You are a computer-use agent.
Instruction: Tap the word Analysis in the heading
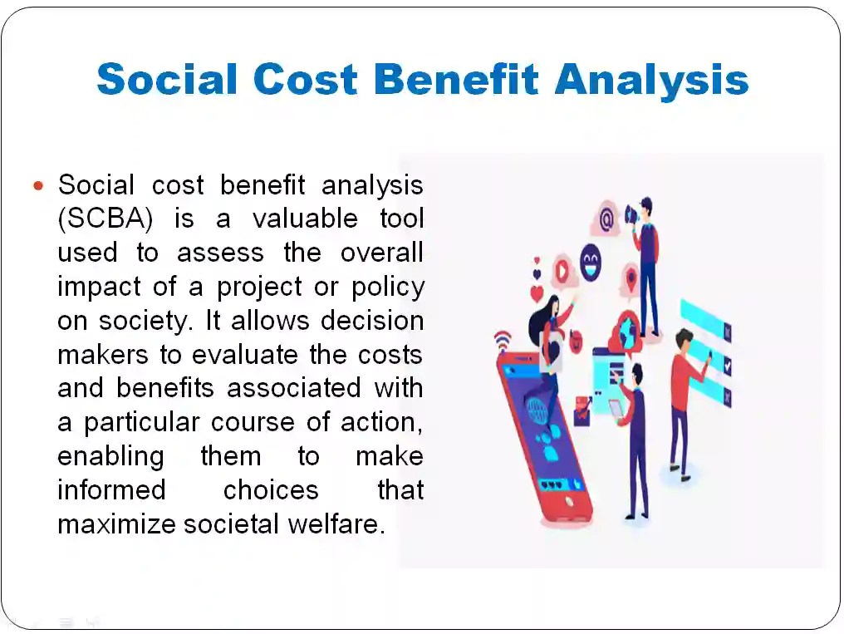pos(651,80)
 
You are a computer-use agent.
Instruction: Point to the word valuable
pos(306,219)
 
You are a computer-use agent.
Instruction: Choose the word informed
pos(110,490)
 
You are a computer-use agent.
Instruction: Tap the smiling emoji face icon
pos(591,258)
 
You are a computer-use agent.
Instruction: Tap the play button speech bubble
pos(563,272)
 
